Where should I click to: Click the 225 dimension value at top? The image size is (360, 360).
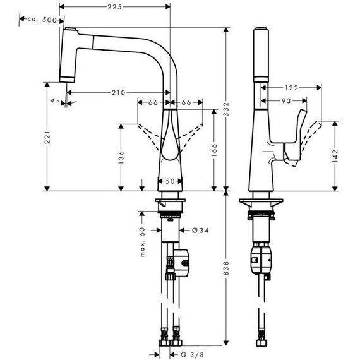click(115, 8)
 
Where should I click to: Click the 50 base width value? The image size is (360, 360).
click(170, 181)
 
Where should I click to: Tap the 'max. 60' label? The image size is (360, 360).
click(143, 242)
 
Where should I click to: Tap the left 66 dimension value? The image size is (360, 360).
click(153, 102)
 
